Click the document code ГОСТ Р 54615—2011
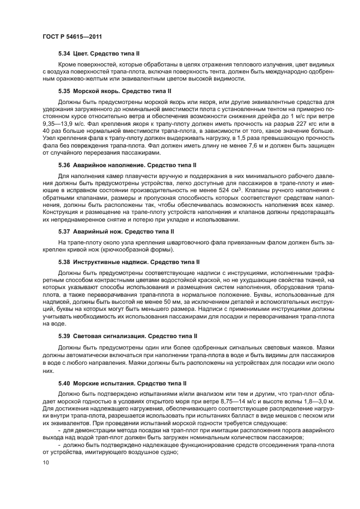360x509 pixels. pos(72,36)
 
